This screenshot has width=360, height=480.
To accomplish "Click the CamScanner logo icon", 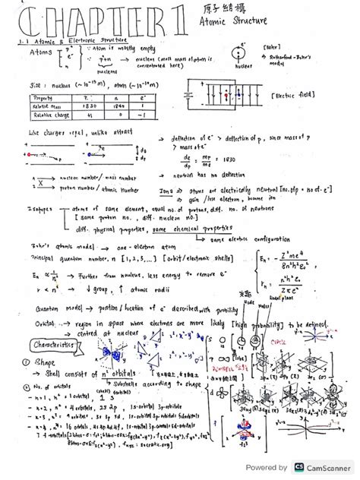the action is pos(299,468).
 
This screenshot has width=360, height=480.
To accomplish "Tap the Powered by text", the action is pos(267,468).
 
